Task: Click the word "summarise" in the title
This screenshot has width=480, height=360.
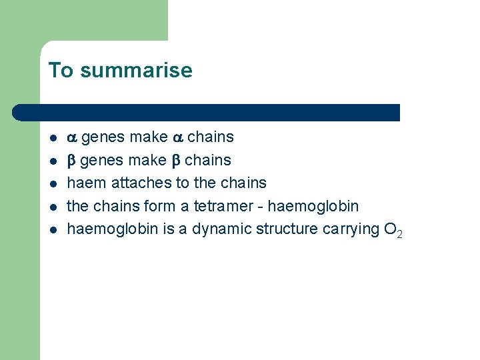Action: pyautogui.click(x=135, y=71)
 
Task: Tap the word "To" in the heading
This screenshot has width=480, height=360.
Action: pyautogui.click(x=61, y=71)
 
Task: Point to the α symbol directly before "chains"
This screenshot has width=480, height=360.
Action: pyautogui.click(x=177, y=138)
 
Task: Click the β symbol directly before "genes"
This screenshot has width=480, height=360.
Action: pyautogui.click(x=72, y=161)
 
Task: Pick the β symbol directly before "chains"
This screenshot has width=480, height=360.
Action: pyautogui.click(x=176, y=161)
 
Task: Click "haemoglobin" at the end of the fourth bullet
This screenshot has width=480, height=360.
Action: pyautogui.click(x=313, y=205)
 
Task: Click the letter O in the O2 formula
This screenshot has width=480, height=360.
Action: pyautogui.click(x=390, y=229)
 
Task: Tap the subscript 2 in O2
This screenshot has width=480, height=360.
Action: pyautogui.click(x=399, y=234)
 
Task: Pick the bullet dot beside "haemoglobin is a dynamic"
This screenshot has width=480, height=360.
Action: pyautogui.click(x=52, y=229)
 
